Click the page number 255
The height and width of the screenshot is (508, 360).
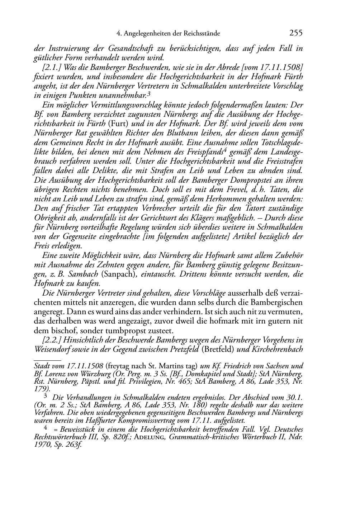click(295, 33)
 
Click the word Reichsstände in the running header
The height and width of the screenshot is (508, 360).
click(202, 34)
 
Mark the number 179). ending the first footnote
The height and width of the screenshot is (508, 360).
click(42, 388)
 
